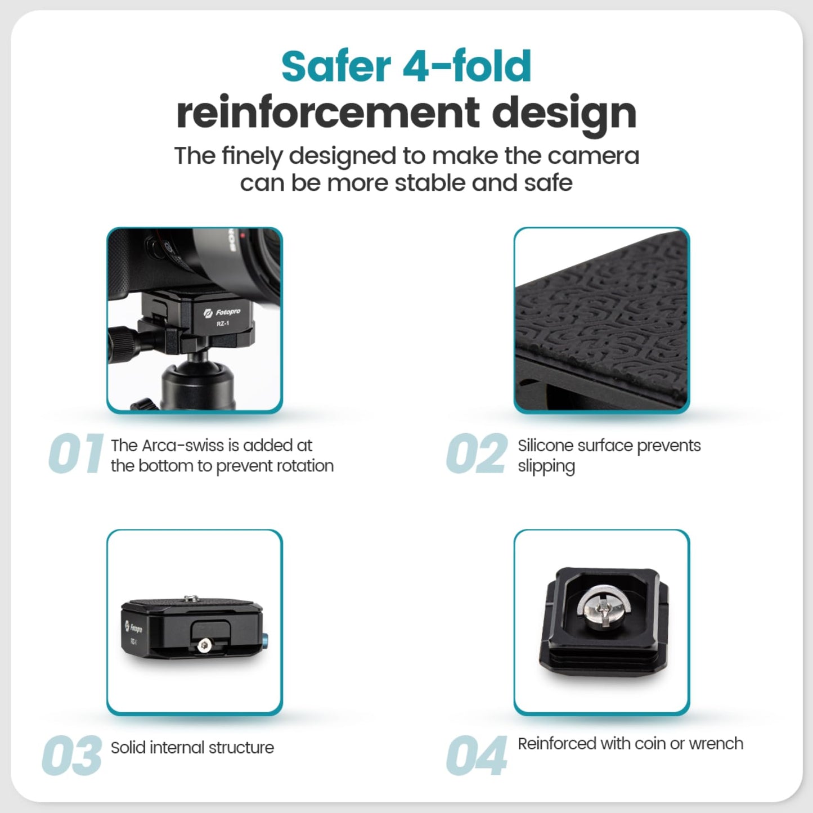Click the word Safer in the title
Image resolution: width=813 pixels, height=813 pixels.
click(x=336, y=66)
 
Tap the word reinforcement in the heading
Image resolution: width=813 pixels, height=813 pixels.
click(x=328, y=113)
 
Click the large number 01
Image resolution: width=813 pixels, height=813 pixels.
click(x=75, y=453)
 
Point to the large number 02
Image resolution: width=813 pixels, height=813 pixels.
click(x=477, y=453)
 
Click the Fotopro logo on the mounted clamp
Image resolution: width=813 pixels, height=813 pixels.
click(x=222, y=313)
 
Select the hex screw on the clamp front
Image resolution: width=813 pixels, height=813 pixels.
click(x=204, y=645)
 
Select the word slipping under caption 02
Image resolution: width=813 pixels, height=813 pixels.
click(x=546, y=467)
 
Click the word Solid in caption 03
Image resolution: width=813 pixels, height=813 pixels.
click(x=128, y=748)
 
